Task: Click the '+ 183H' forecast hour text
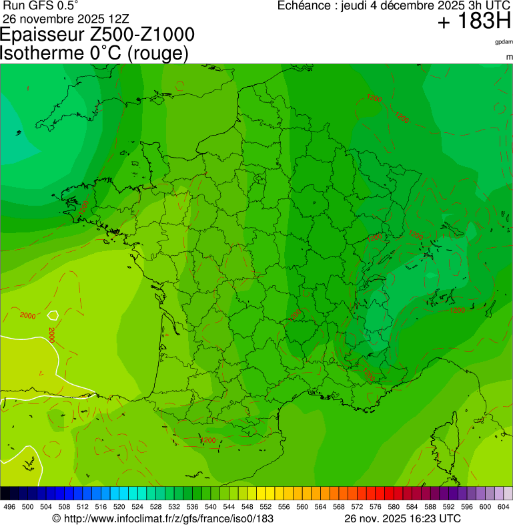pyautogui.click(x=474, y=22)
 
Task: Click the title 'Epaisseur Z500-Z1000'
pyautogui.click(x=98, y=35)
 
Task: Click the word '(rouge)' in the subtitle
pyautogui.click(x=157, y=53)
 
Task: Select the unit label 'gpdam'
pyautogui.click(x=504, y=42)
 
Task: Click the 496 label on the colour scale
pyautogui.click(x=9, y=507)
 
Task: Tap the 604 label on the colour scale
pyautogui.click(x=504, y=507)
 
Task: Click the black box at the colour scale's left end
pyautogui.click(x=5, y=493)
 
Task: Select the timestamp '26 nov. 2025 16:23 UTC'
pyautogui.click(x=402, y=518)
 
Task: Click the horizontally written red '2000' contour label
pyautogui.click(x=28, y=315)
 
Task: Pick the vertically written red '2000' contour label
pyautogui.click(x=51, y=333)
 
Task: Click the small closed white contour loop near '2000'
pyautogui.click(x=53, y=315)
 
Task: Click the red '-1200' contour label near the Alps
pyautogui.click(x=456, y=310)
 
